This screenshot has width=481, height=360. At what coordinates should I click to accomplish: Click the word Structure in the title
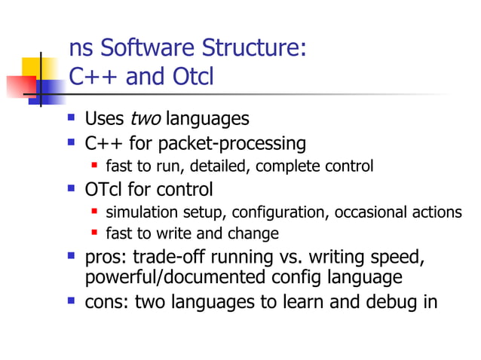click(x=255, y=50)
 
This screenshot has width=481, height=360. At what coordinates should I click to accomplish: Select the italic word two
click(x=146, y=119)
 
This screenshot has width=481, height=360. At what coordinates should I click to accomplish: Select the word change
click(x=254, y=233)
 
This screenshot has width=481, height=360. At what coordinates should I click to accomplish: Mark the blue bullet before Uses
click(x=72, y=118)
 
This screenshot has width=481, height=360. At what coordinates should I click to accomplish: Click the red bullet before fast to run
click(x=95, y=166)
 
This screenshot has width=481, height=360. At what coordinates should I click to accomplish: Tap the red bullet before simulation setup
click(x=95, y=212)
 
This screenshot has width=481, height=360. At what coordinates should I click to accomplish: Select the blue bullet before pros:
click(x=72, y=257)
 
